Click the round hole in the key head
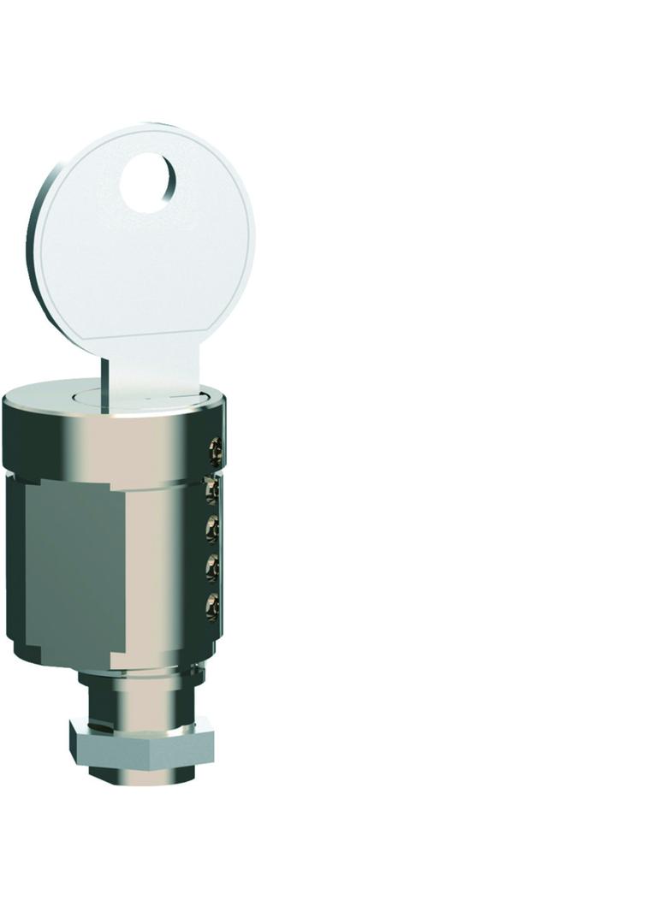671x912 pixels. point(148,182)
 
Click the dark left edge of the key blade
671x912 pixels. point(104,385)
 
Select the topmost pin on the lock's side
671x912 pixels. point(216,447)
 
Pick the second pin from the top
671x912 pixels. point(212,489)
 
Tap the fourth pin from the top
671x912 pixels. point(212,567)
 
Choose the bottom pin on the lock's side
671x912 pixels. point(212,607)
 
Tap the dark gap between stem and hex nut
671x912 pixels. point(141,720)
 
